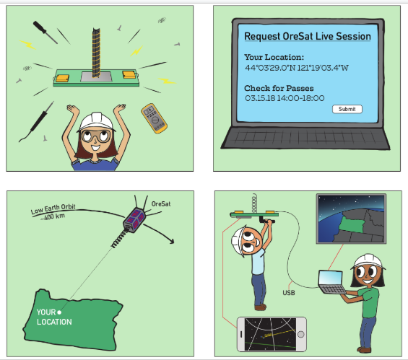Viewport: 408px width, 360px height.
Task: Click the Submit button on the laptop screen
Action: tap(347, 109)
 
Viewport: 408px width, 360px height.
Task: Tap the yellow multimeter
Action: tap(154, 118)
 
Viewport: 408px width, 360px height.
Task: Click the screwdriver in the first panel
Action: tap(45, 32)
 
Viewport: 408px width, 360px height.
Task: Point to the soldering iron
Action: tap(37, 122)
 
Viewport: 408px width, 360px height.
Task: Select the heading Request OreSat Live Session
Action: tap(308, 36)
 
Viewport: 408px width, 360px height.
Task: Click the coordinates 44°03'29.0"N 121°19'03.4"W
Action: tap(297, 68)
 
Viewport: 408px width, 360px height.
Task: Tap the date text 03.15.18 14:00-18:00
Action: tap(285, 98)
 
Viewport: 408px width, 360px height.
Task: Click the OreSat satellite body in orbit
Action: tap(134, 219)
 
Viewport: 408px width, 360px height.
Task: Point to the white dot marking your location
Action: tap(59, 312)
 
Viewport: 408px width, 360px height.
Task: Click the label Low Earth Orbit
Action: tap(53, 208)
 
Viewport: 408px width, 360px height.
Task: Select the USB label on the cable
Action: tap(289, 293)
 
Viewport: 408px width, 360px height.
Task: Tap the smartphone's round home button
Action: tap(300, 334)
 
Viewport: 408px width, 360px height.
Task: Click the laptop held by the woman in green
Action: tap(332, 282)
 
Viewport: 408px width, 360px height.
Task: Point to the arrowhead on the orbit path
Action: tap(171, 241)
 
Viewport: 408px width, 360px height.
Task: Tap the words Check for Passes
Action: tap(279, 88)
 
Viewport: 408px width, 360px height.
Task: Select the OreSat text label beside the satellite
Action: tap(161, 204)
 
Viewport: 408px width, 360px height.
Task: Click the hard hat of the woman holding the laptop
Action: tap(368, 261)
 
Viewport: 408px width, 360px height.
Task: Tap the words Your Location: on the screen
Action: tap(274, 57)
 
